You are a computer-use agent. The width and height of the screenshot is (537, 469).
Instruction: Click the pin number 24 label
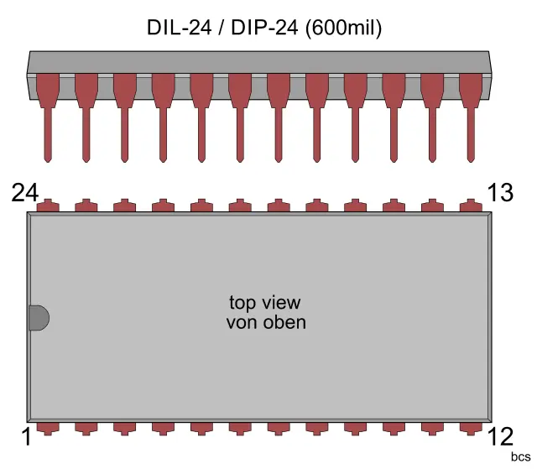pyautogui.click(x=25, y=193)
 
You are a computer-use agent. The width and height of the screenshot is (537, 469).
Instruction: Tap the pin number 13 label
pyautogui.click(x=500, y=193)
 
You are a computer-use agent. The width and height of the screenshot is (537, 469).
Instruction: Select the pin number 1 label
pyautogui.click(x=25, y=437)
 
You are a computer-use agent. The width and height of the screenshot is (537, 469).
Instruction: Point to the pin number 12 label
pyautogui.click(x=500, y=437)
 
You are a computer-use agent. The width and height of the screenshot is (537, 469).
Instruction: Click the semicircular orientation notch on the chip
pyautogui.click(x=39, y=318)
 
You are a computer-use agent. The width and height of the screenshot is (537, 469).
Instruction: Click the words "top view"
pyautogui.click(x=265, y=303)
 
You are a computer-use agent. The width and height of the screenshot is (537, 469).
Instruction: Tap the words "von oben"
pyautogui.click(x=266, y=322)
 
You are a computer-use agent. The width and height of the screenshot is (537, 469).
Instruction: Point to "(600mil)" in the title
pyautogui.click(x=345, y=28)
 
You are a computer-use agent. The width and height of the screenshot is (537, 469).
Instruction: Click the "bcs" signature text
pyautogui.click(x=520, y=458)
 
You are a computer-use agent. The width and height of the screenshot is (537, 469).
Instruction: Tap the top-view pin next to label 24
pyautogui.click(x=48, y=206)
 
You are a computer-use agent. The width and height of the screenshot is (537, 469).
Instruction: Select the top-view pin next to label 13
pyautogui.click(x=472, y=206)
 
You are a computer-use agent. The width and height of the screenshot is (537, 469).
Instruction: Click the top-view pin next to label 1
pyautogui.click(x=48, y=428)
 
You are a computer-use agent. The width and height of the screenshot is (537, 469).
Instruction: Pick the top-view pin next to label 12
pyautogui.click(x=472, y=428)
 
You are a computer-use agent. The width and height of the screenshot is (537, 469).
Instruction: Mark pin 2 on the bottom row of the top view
pyautogui.click(x=86, y=428)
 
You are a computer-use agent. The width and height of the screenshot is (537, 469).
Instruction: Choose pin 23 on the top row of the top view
pyautogui.click(x=86, y=206)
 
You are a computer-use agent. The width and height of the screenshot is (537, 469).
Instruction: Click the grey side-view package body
pyautogui.click(x=259, y=62)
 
